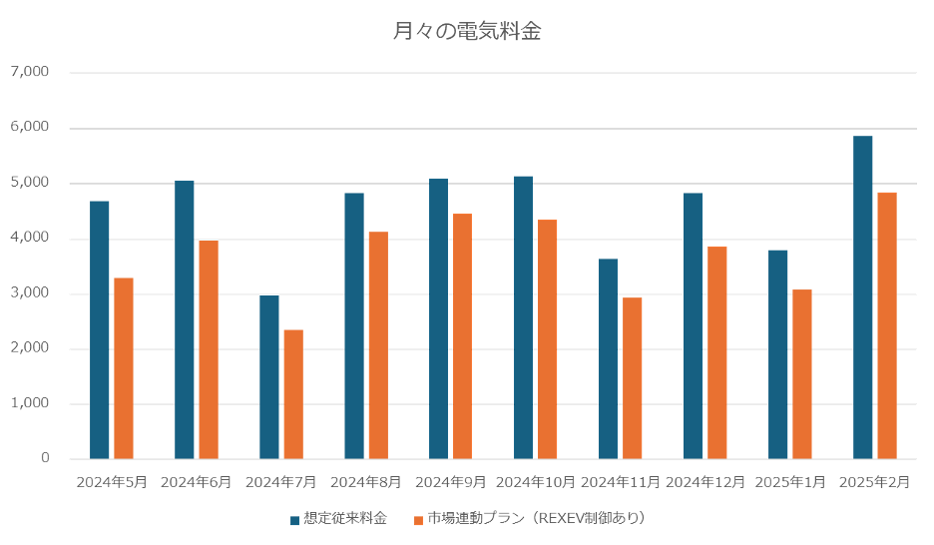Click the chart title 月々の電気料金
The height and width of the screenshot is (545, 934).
(467, 31)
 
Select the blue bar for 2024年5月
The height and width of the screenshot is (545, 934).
(100, 329)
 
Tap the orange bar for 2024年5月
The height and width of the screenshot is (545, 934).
(124, 368)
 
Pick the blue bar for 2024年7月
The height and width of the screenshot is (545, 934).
(269, 376)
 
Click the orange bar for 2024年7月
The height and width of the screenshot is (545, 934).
(293, 394)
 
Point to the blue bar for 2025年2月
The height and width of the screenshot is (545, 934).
(863, 297)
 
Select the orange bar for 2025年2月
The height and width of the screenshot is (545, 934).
(887, 325)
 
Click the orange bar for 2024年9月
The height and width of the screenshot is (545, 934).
(462, 336)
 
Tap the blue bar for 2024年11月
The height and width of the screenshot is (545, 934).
(609, 358)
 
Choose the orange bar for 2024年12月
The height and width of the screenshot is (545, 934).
(717, 352)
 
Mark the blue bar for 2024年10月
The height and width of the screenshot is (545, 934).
(524, 317)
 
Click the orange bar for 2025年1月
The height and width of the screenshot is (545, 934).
(802, 374)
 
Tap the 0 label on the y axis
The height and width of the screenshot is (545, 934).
(46, 459)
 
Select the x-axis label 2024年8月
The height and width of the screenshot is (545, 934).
(366, 482)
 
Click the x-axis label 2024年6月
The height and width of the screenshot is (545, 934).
(197, 482)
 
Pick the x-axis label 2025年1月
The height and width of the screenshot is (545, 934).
(790, 482)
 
